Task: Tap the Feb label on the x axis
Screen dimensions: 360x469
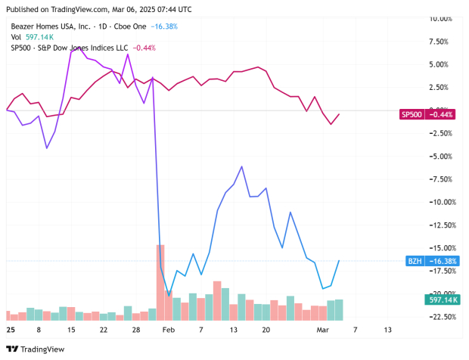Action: tap(169, 330)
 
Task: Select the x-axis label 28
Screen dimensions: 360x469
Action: tap(135, 330)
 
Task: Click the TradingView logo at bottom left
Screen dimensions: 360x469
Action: tap(36, 349)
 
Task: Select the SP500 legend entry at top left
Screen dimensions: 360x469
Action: tap(61, 48)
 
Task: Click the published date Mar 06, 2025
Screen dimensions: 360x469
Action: tap(135, 9)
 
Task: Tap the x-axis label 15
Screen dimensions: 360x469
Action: tap(71, 330)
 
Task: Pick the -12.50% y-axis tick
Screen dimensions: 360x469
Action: tap(442, 225)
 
